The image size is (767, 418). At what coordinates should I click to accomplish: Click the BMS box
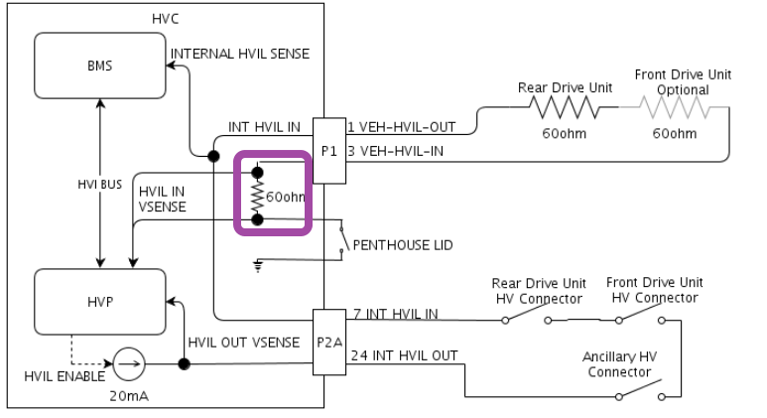tap(99, 66)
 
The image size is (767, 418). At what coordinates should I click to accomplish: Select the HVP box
tap(99, 300)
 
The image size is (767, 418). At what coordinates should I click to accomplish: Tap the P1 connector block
tap(328, 151)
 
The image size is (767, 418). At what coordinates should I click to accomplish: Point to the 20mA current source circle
tap(127, 364)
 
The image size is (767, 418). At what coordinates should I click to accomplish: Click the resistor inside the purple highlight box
tap(257, 197)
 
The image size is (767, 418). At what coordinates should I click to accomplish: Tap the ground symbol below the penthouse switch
tap(259, 264)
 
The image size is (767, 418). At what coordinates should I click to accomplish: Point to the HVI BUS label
tap(99, 183)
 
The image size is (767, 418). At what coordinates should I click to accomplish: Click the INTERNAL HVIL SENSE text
tap(240, 54)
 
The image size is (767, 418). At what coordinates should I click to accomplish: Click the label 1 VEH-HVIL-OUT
tap(401, 127)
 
